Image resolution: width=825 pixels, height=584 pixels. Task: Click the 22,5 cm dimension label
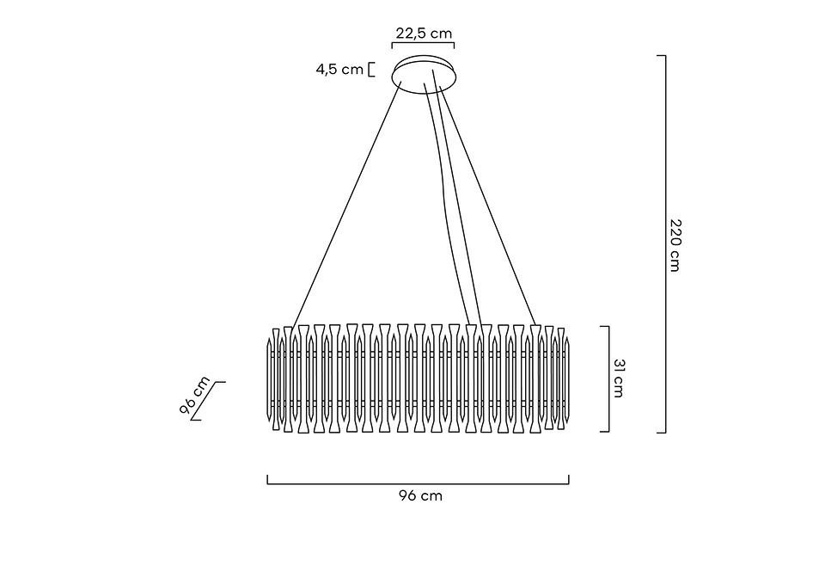coord(423,34)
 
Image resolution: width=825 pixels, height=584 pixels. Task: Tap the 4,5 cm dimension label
coord(339,70)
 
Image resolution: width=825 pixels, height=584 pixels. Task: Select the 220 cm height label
coord(675,244)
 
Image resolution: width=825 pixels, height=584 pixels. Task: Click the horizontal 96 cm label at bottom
coord(420,495)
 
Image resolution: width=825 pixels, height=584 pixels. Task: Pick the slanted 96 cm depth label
coord(195,396)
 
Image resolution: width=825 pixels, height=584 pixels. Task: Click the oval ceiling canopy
coord(426,71)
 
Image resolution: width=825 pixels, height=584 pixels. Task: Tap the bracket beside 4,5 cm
coord(370,70)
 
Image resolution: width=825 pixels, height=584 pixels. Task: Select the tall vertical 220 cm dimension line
coord(664,244)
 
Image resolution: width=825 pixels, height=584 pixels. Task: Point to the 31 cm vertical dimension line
coord(608,378)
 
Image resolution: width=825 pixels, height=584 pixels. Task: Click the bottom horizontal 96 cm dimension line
coord(418,484)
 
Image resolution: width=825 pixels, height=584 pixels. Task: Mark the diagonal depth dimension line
coord(207,401)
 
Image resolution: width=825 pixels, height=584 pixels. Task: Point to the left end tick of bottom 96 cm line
coord(268,480)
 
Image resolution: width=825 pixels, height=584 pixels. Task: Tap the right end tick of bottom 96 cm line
coord(568,480)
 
